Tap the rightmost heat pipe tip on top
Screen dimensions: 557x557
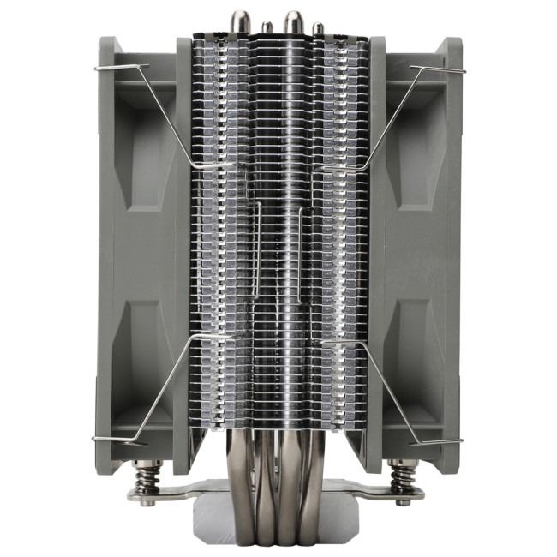pos(318,28)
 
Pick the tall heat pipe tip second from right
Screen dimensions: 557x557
pos(294,19)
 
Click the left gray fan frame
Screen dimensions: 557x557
pos(137,257)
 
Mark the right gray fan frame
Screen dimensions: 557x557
pos(420,257)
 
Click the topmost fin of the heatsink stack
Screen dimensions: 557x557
pos(278,39)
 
